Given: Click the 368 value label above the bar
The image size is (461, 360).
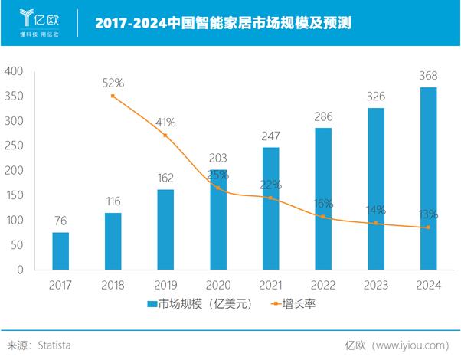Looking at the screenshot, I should (x=429, y=76).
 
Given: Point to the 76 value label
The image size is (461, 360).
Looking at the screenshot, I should (x=60, y=221).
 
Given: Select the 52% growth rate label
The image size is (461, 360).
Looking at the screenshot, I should (x=113, y=83).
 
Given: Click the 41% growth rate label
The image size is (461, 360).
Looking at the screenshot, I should (x=165, y=122).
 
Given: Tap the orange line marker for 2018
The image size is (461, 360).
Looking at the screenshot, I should (x=113, y=96).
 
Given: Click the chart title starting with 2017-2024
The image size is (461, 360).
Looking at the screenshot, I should (x=223, y=23).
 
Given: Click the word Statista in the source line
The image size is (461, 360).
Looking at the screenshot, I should (x=54, y=345).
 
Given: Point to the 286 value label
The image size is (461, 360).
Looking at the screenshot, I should (x=324, y=116).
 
